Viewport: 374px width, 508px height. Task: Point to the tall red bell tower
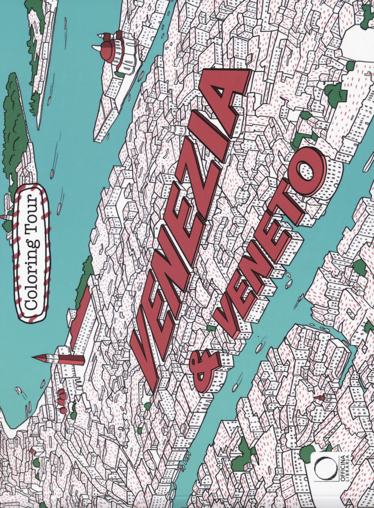(x=60, y=359)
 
